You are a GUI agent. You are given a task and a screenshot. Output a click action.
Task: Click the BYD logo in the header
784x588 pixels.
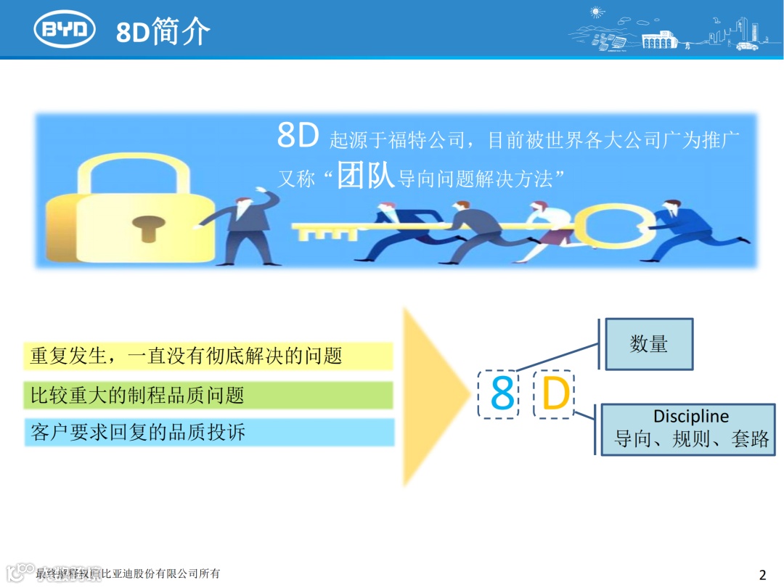click(65, 29)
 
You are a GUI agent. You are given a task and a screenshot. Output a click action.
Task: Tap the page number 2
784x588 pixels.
click(762, 576)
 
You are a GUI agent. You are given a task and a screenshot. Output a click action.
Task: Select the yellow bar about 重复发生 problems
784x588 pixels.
click(208, 356)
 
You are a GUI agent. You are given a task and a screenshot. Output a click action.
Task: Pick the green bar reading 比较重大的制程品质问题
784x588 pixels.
click(208, 396)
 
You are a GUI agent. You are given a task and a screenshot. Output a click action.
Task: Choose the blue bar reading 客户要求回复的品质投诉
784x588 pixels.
click(208, 433)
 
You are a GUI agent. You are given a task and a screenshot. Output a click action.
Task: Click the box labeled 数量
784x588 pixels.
click(649, 344)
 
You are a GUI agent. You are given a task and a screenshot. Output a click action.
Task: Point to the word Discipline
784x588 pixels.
click(690, 417)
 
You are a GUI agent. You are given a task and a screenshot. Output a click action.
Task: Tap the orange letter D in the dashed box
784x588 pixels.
click(555, 394)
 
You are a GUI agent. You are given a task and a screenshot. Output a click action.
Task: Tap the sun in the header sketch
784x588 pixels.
click(597, 12)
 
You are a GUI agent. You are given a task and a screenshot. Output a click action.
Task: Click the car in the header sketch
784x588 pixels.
click(747, 46)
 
